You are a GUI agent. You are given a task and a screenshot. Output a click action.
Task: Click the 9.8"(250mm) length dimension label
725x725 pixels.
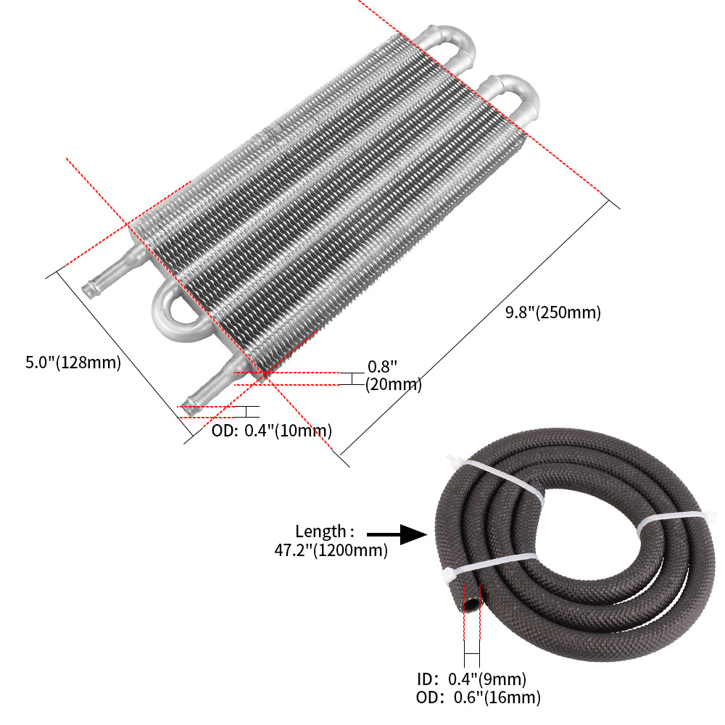pos(553,313)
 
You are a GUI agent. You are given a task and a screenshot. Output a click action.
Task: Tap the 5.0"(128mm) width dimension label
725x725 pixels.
pos(72,362)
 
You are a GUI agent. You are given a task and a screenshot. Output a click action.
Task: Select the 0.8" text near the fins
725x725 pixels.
pos(383,367)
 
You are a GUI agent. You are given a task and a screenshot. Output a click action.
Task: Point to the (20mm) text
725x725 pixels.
pos(393,384)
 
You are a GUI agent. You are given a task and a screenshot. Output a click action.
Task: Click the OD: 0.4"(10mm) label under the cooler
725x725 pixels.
pos(272,430)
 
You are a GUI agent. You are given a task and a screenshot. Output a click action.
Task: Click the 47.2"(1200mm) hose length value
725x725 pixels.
pos(331,551)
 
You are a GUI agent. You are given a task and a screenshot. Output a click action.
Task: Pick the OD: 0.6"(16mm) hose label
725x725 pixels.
pos(478,698)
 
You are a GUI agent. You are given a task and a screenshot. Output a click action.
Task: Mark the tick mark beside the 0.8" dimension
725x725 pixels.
pos(351,378)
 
